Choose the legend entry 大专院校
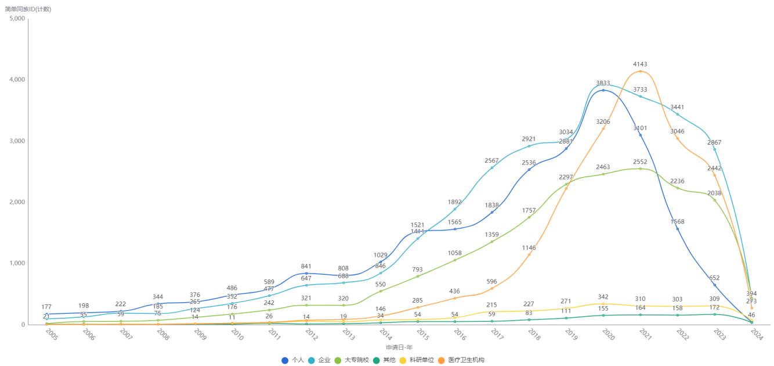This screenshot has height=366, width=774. tap(352, 360)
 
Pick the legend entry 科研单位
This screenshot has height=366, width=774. tap(417, 360)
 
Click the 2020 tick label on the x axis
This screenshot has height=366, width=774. tap(607, 335)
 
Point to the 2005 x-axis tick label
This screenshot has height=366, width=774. tap(50, 335)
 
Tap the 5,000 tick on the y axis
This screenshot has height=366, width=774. tap(17, 19)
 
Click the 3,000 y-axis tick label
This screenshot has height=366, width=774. tap(17, 141)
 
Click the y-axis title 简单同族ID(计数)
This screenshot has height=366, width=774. tap(28, 9)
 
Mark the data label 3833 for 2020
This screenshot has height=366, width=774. tap(603, 83)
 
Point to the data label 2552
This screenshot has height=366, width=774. tap(640, 162)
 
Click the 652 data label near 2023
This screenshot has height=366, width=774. tap(714, 278)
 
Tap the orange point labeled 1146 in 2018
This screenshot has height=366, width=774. tap(529, 254)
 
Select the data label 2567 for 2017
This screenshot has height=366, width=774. tap(491, 160)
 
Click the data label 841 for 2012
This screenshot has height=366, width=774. tap(306, 267)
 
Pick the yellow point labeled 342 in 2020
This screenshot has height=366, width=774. tap(603, 303)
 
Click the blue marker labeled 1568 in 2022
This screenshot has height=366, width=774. tap(678, 229)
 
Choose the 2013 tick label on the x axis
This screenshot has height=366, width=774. tap(348, 335)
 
